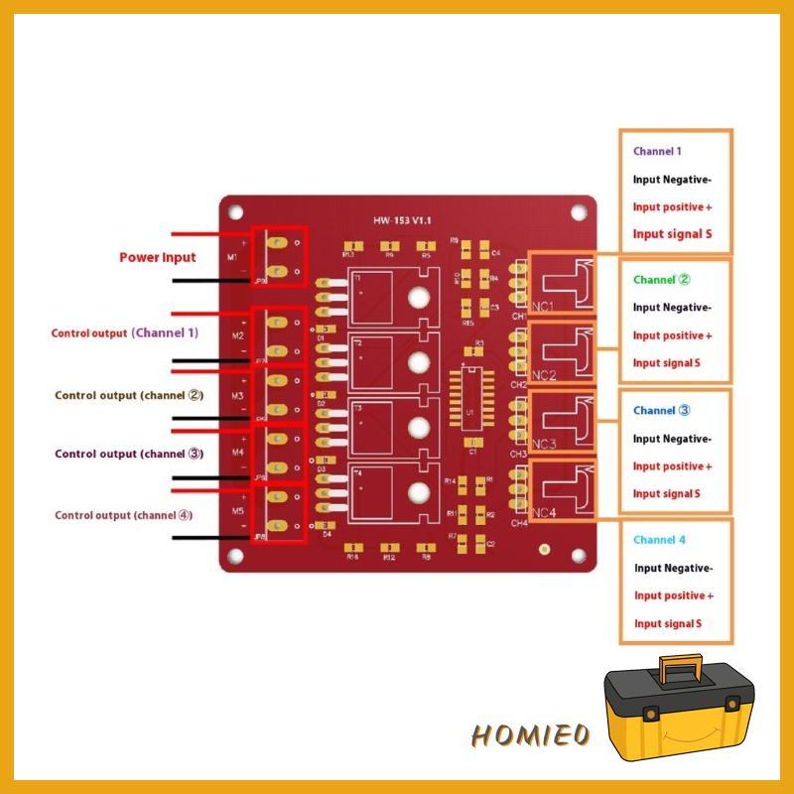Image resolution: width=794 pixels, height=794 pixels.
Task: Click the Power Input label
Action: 158,257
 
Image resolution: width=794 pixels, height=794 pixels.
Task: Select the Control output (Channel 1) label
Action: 125,333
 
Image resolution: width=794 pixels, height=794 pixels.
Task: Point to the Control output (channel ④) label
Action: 124,515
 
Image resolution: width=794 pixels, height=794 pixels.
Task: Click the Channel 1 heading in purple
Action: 657,152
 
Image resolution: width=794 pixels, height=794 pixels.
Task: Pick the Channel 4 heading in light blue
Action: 659,540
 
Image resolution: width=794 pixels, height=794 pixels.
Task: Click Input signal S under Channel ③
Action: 667,493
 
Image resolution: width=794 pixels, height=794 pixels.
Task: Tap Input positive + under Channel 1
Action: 673,207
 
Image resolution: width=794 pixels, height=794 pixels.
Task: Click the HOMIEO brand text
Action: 531,735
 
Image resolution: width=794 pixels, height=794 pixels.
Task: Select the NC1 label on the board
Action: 544,306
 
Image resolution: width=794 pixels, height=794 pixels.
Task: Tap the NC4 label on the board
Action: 544,513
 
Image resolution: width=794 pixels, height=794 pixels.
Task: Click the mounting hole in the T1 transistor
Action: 419,296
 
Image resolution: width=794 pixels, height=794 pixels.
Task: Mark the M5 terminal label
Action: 238,511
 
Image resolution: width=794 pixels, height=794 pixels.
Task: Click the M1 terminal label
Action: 233,257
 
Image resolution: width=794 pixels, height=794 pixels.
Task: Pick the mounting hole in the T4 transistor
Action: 419,491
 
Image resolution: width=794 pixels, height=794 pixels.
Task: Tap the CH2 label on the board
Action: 519,384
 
